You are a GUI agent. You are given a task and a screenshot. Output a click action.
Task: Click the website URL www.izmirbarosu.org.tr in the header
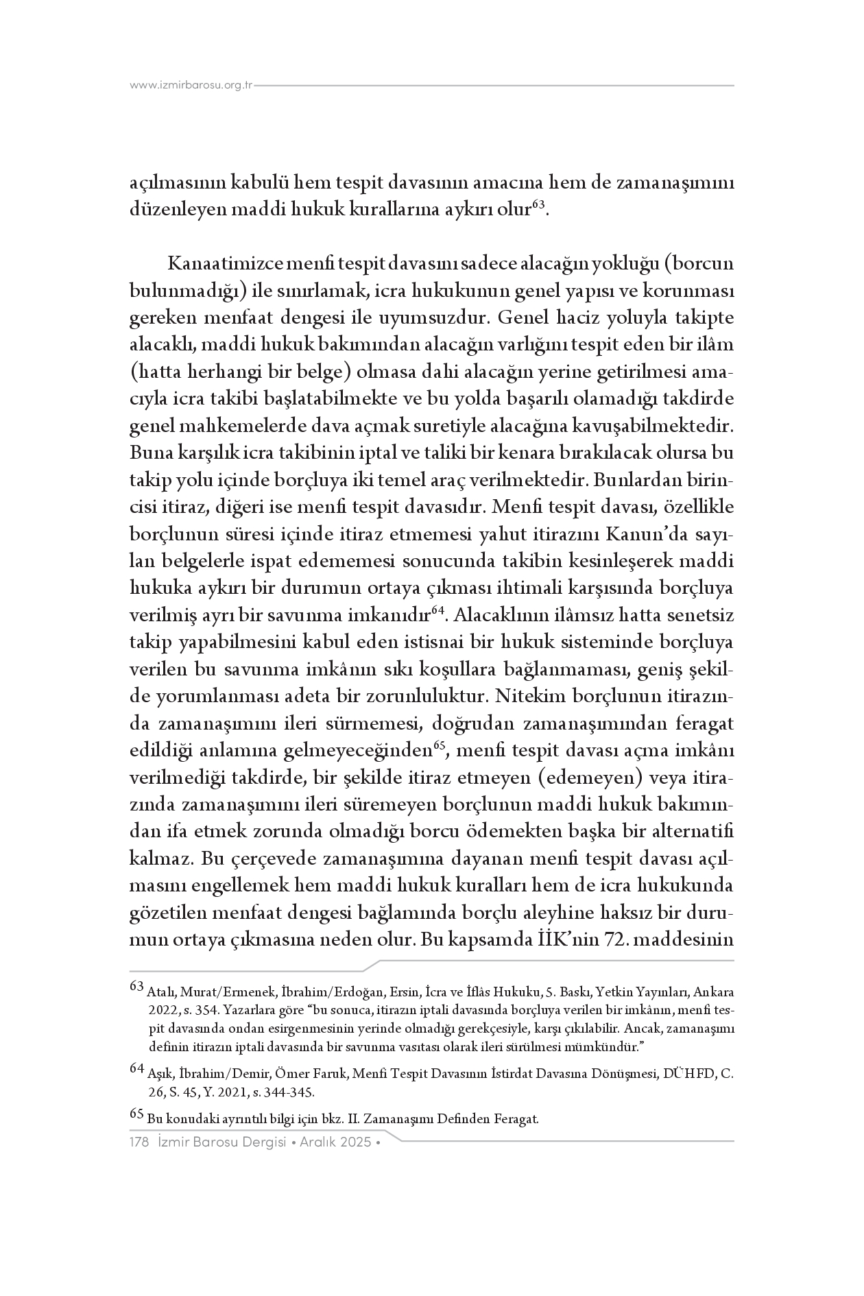(x=191, y=86)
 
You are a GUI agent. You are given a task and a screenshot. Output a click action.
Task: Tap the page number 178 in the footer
(x=140, y=1142)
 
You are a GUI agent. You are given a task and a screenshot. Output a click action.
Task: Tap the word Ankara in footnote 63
(x=713, y=992)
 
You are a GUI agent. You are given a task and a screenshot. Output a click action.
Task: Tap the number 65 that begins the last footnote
(x=137, y=1116)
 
